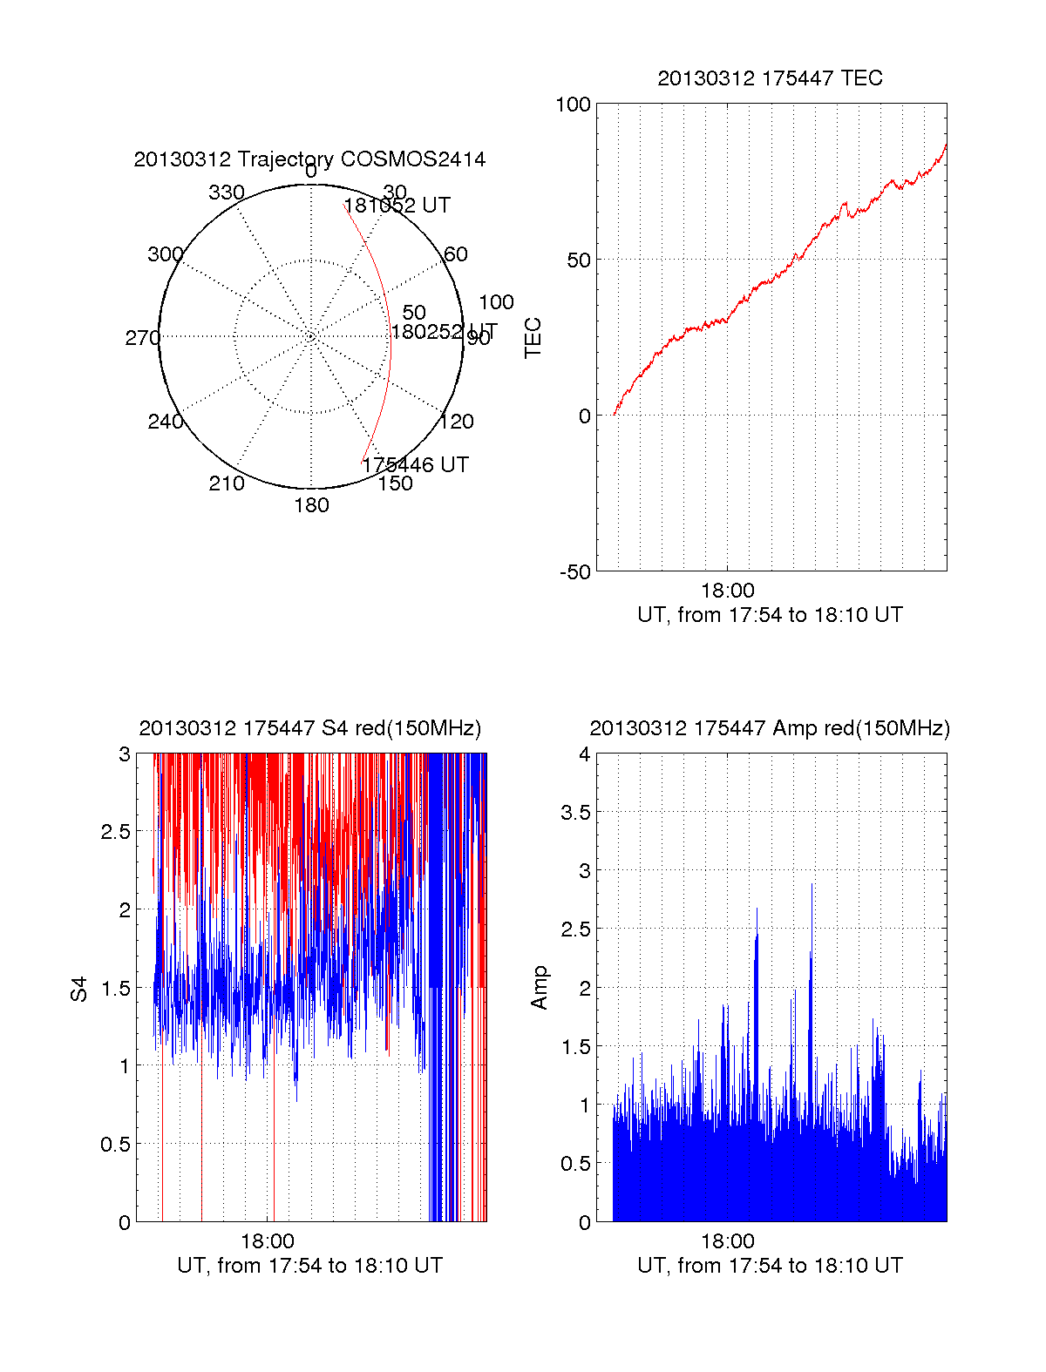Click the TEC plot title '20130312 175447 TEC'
click(770, 78)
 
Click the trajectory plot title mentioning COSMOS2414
click(309, 159)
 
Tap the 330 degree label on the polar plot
click(227, 193)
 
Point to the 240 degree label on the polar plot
click(165, 422)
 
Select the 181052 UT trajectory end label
click(397, 206)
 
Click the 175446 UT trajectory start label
click(416, 465)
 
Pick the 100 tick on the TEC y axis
click(573, 105)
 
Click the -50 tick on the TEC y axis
click(574, 572)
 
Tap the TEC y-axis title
click(533, 337)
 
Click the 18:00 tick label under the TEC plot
click(727, 591)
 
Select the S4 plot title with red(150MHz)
click(309, 728)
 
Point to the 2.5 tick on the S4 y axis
click(115, 832)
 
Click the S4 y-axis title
click(79, 989)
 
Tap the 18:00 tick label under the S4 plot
click(268, 1241)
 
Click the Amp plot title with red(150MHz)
click(770, 728)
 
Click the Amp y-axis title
click(540, 988)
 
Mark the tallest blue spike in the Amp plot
click(812, 886)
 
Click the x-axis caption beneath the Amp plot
click(770, 1266)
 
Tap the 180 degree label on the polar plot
click(311, 505)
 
